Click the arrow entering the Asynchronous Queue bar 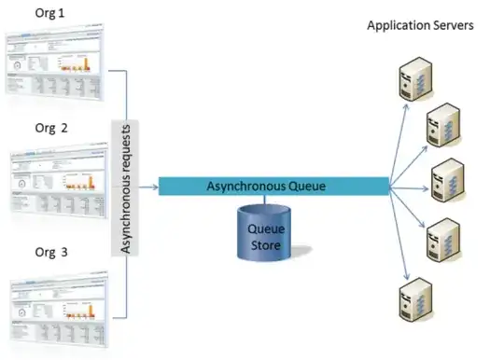[148, 187]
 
